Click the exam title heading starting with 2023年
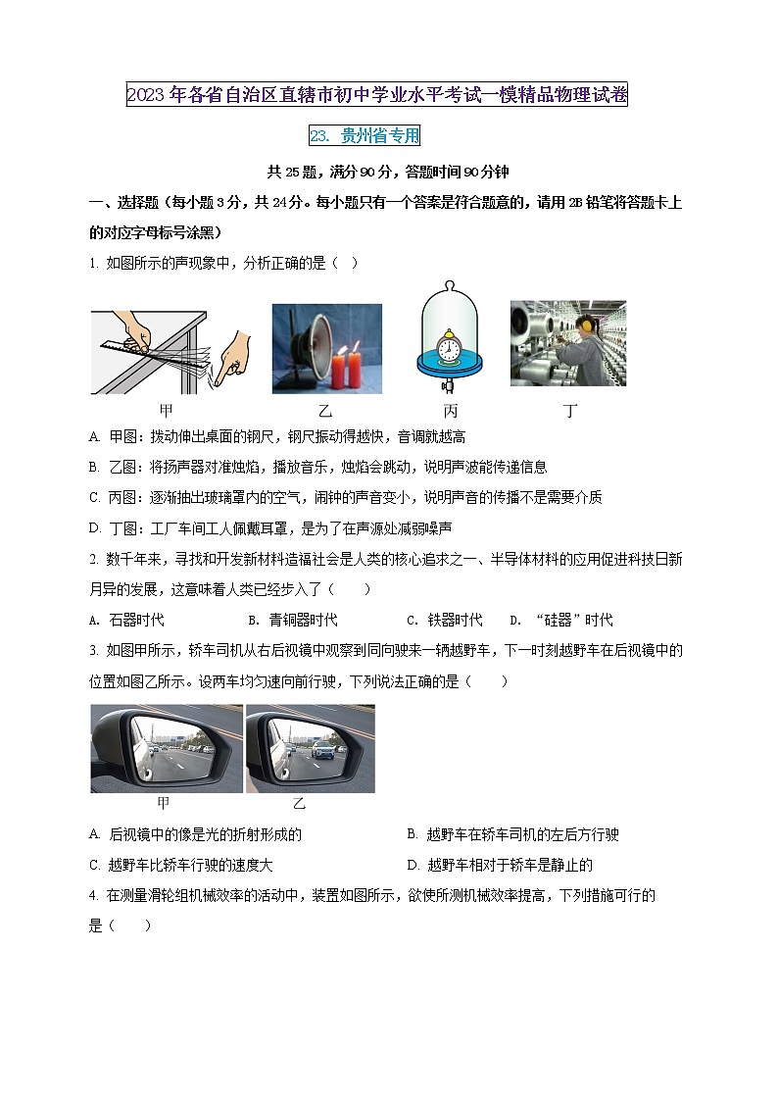(377, 95)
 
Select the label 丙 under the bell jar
(450, 411)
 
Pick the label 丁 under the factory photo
(569, 411)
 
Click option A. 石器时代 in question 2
(126, 620)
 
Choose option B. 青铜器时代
(293, 620)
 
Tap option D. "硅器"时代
(561, 620)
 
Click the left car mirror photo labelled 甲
(167, 748)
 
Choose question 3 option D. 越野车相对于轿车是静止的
(500, 865)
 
